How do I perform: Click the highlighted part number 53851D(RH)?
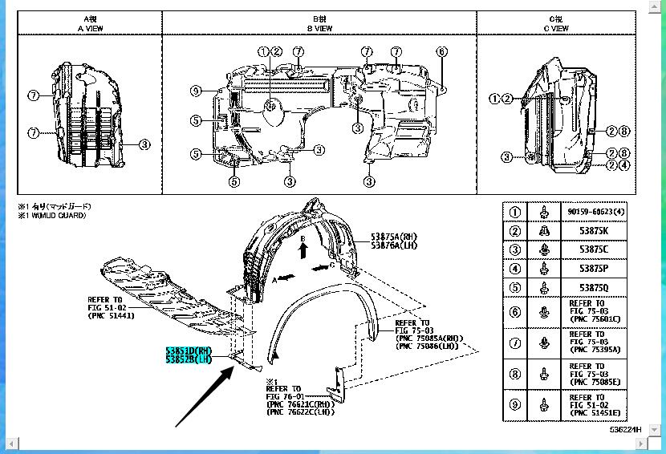point(188,351)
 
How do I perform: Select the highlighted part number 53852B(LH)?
point(188,359)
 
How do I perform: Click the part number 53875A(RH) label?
point(394,236)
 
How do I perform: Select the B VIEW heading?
point(319,28)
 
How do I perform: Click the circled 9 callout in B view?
point(196,91)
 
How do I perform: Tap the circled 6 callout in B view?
point(441,52)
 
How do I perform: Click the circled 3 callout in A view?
point(144,144)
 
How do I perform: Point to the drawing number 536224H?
point(625,430)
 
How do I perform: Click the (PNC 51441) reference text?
point(111,315)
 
